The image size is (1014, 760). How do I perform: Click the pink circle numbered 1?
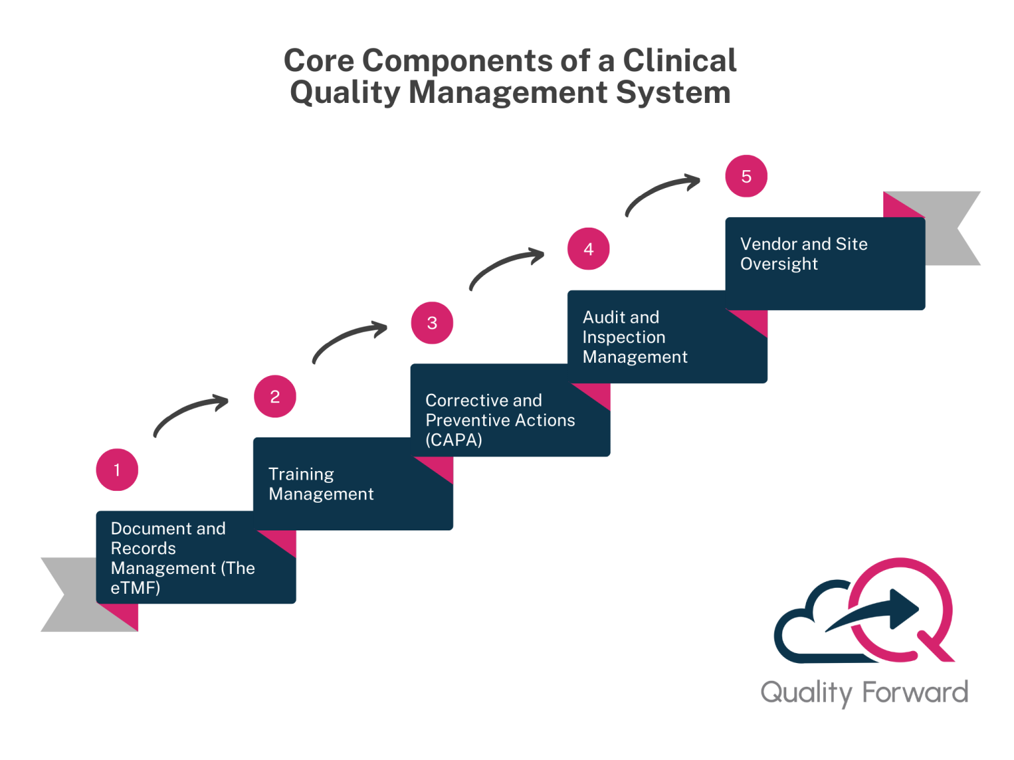point(117,470)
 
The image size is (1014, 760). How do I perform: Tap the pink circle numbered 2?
point(275,396)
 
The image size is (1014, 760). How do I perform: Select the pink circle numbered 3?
point(432,323)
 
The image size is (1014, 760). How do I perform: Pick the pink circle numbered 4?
point(588,249)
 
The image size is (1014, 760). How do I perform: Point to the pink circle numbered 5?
point(746,176)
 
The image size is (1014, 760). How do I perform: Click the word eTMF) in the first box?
point(135,588)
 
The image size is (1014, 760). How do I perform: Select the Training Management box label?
point(321,484)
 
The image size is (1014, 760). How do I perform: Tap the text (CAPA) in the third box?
point(454,440)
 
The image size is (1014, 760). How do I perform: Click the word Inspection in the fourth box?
point(624,337)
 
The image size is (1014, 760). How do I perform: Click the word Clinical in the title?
point(679,61)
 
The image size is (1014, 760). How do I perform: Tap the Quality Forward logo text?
point(863,693)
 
